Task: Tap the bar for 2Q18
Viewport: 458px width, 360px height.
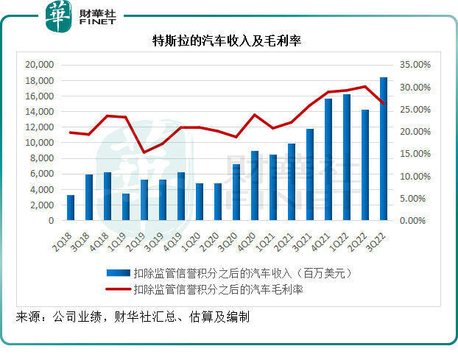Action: pyautogui.click(x=71, y=208)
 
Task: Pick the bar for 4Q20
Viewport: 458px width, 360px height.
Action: pyautogui.click(x=255, y=186)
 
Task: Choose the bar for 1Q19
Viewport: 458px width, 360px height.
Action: pyautogui.click(x=126, y=207)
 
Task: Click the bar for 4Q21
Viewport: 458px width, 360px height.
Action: pyautogui.click(x=328, y=159)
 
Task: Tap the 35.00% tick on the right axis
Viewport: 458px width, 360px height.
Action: pyautogui.click(x=413, y=65)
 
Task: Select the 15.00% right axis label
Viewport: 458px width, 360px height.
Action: pyautogui.click(x=413, y=154)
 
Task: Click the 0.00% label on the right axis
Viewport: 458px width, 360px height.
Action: pyautogui.click(x=415, y=221)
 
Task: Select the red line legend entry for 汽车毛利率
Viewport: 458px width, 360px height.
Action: pyautogui.click(x=217, y=289)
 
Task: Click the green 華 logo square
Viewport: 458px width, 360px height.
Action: pyautogui.click(x=58, y=16)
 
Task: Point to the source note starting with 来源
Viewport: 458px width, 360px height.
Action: pyautogui.click(x=133, y=317)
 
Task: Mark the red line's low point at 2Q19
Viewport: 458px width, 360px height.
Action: pyautogui.click(x=144, y=152)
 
